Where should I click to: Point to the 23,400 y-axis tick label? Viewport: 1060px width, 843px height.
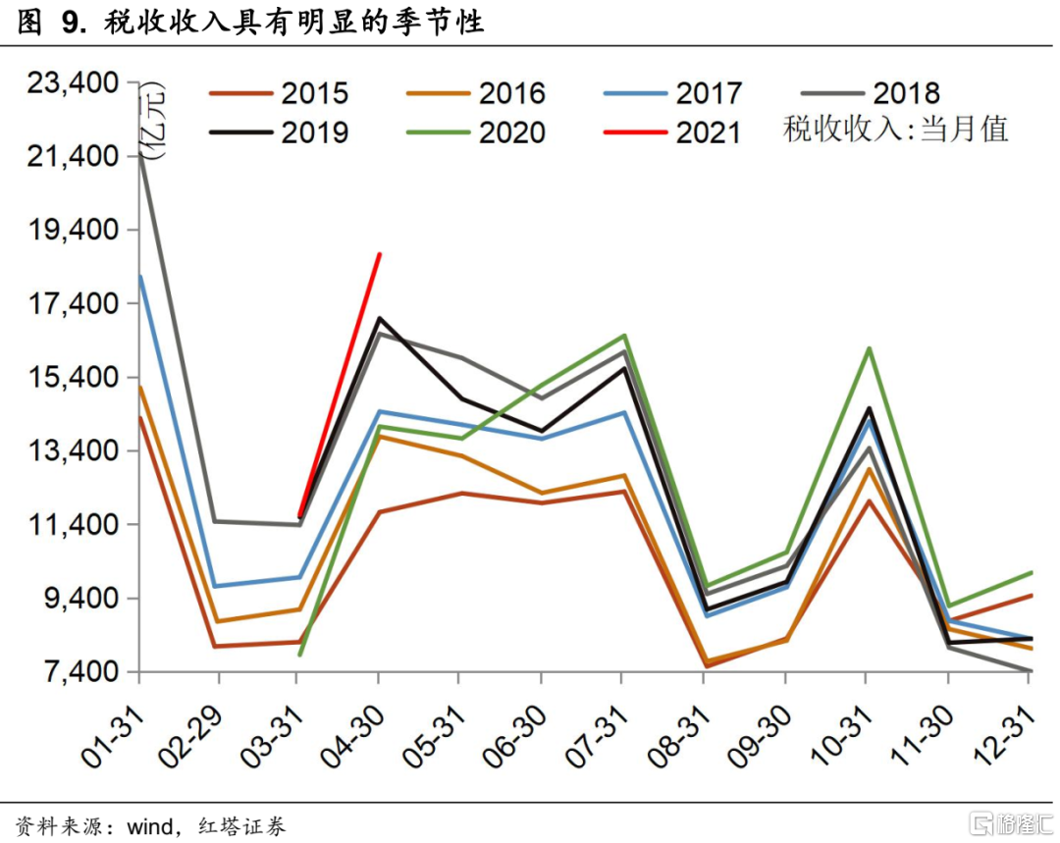73,83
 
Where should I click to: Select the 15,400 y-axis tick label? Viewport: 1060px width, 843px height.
73,378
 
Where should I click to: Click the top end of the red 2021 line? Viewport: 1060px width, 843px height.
380,254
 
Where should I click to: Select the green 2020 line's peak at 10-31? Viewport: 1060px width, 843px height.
868,348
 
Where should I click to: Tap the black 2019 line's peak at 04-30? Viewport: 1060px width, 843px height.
379,318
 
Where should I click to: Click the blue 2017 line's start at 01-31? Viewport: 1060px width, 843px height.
139,276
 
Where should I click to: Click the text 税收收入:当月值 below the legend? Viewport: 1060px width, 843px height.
895,130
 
